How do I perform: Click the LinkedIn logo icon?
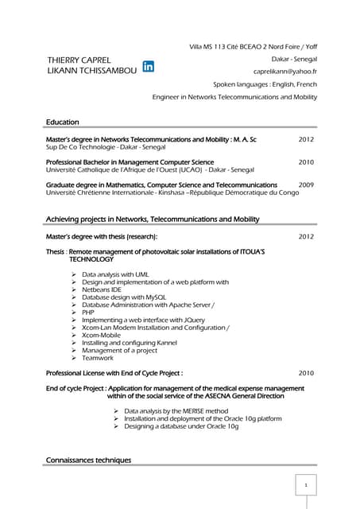point(149,66)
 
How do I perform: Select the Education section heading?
point(63,122)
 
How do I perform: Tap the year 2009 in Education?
point(307,185)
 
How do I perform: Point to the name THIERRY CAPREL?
point(79,60)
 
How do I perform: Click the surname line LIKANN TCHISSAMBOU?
point(91,72)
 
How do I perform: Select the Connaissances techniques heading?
point(88,460)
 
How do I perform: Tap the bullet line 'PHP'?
point(88,313)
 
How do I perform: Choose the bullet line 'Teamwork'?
point(99,358)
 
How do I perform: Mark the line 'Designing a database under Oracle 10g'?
point(181,426)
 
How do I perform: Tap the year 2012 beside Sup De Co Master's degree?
point(306,139)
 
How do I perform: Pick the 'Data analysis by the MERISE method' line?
point(176,411)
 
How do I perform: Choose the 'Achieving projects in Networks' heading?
point(153,220)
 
